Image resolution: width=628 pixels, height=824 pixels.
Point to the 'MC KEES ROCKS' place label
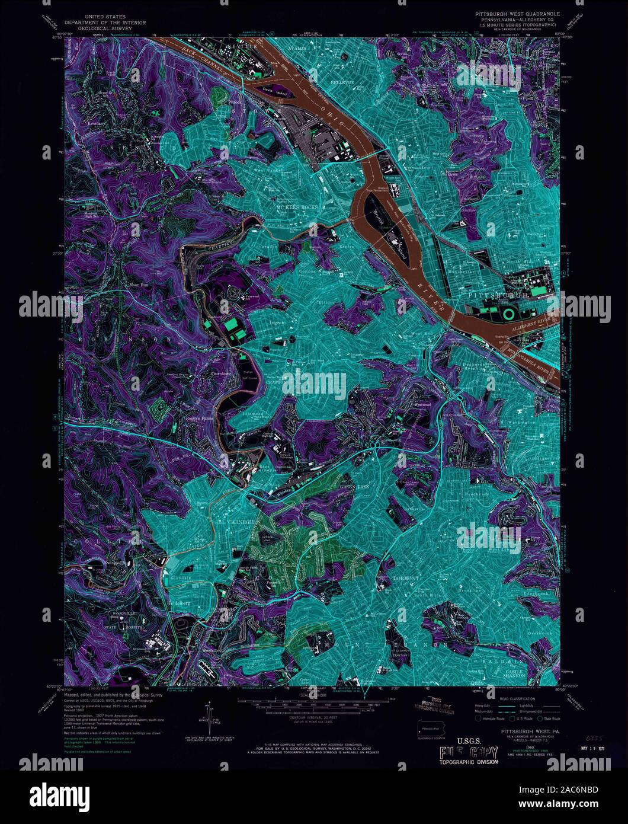pyautogui.click(x=297, y=207)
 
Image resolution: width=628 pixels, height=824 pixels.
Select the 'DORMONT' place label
pyautogui.click(x=406, y=577)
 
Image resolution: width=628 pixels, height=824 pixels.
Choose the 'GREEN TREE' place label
pyautogui.click(x=350, y=487)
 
